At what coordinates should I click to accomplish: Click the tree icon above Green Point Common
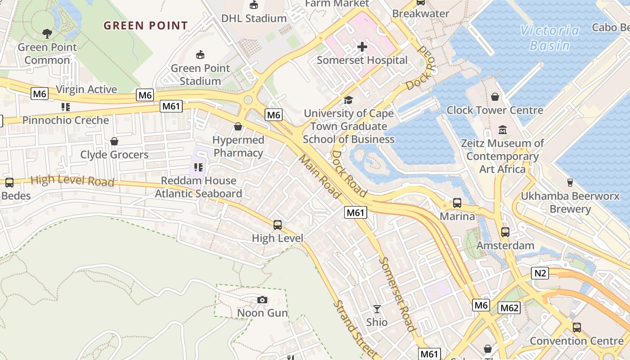click(x=47, y=33)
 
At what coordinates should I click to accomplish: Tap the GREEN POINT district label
click(x=146, y=26)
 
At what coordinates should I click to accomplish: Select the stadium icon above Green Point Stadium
click(x=200, y=55)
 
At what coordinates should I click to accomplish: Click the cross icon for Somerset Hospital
click(x=362, y=47)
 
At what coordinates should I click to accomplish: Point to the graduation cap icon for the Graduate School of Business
click(x=348, y=100)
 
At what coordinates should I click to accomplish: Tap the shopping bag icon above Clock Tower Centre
click(x=495, y=97)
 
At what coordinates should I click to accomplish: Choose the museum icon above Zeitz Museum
click(x=503, y=130)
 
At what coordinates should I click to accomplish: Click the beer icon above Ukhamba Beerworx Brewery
click(x=570, y=183)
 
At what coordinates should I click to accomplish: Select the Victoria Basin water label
click(x=550, y=38)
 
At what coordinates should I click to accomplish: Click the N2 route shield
click(x=540, y=273)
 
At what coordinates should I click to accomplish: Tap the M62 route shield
click(x=509, y=308)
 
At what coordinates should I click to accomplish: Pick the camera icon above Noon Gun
click(x=262, y=300)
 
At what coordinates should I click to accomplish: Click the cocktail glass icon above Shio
click(x=377, y=309)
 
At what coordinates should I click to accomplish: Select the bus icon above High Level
click(x=278, y=225)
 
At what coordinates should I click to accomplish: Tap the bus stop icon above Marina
click(x=457, y=203)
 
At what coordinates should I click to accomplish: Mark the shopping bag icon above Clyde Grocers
click(x=114, y=141)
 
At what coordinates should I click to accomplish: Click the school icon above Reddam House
click(x=198, y=167)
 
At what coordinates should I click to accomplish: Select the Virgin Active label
click(x=86, y=90)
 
